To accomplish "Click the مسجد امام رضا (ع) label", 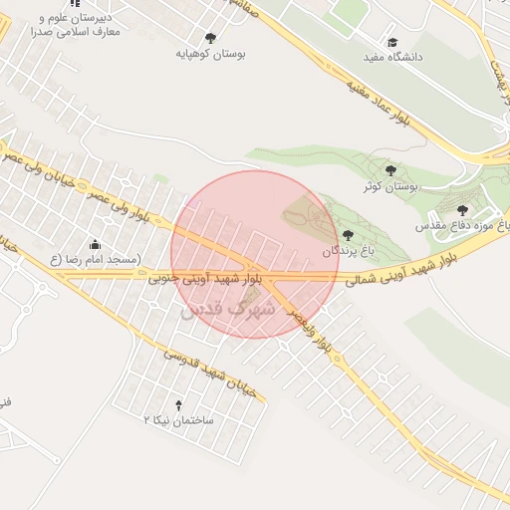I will [95, 260].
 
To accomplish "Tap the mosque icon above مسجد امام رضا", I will [95, 244].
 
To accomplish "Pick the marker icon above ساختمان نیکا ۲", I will [179, 405].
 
